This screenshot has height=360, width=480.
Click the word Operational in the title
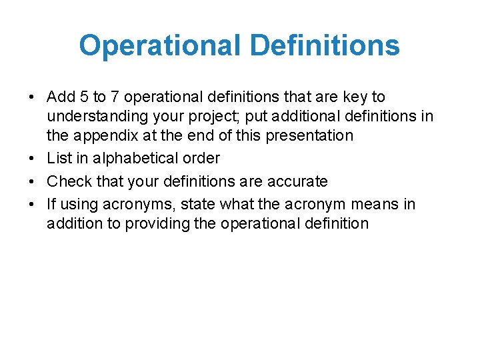(159, 45)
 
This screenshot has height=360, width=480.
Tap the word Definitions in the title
(325, 45)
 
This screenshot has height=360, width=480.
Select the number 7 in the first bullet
(115, 97)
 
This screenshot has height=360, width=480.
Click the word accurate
(293, 181)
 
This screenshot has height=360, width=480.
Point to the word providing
(150, 223)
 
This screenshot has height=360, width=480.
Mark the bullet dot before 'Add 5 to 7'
(32, 97)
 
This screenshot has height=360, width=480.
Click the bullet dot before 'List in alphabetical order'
(32, 159)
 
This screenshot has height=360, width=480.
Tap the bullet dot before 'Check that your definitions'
(32, 181)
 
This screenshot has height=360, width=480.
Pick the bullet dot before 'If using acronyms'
(32, 204)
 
